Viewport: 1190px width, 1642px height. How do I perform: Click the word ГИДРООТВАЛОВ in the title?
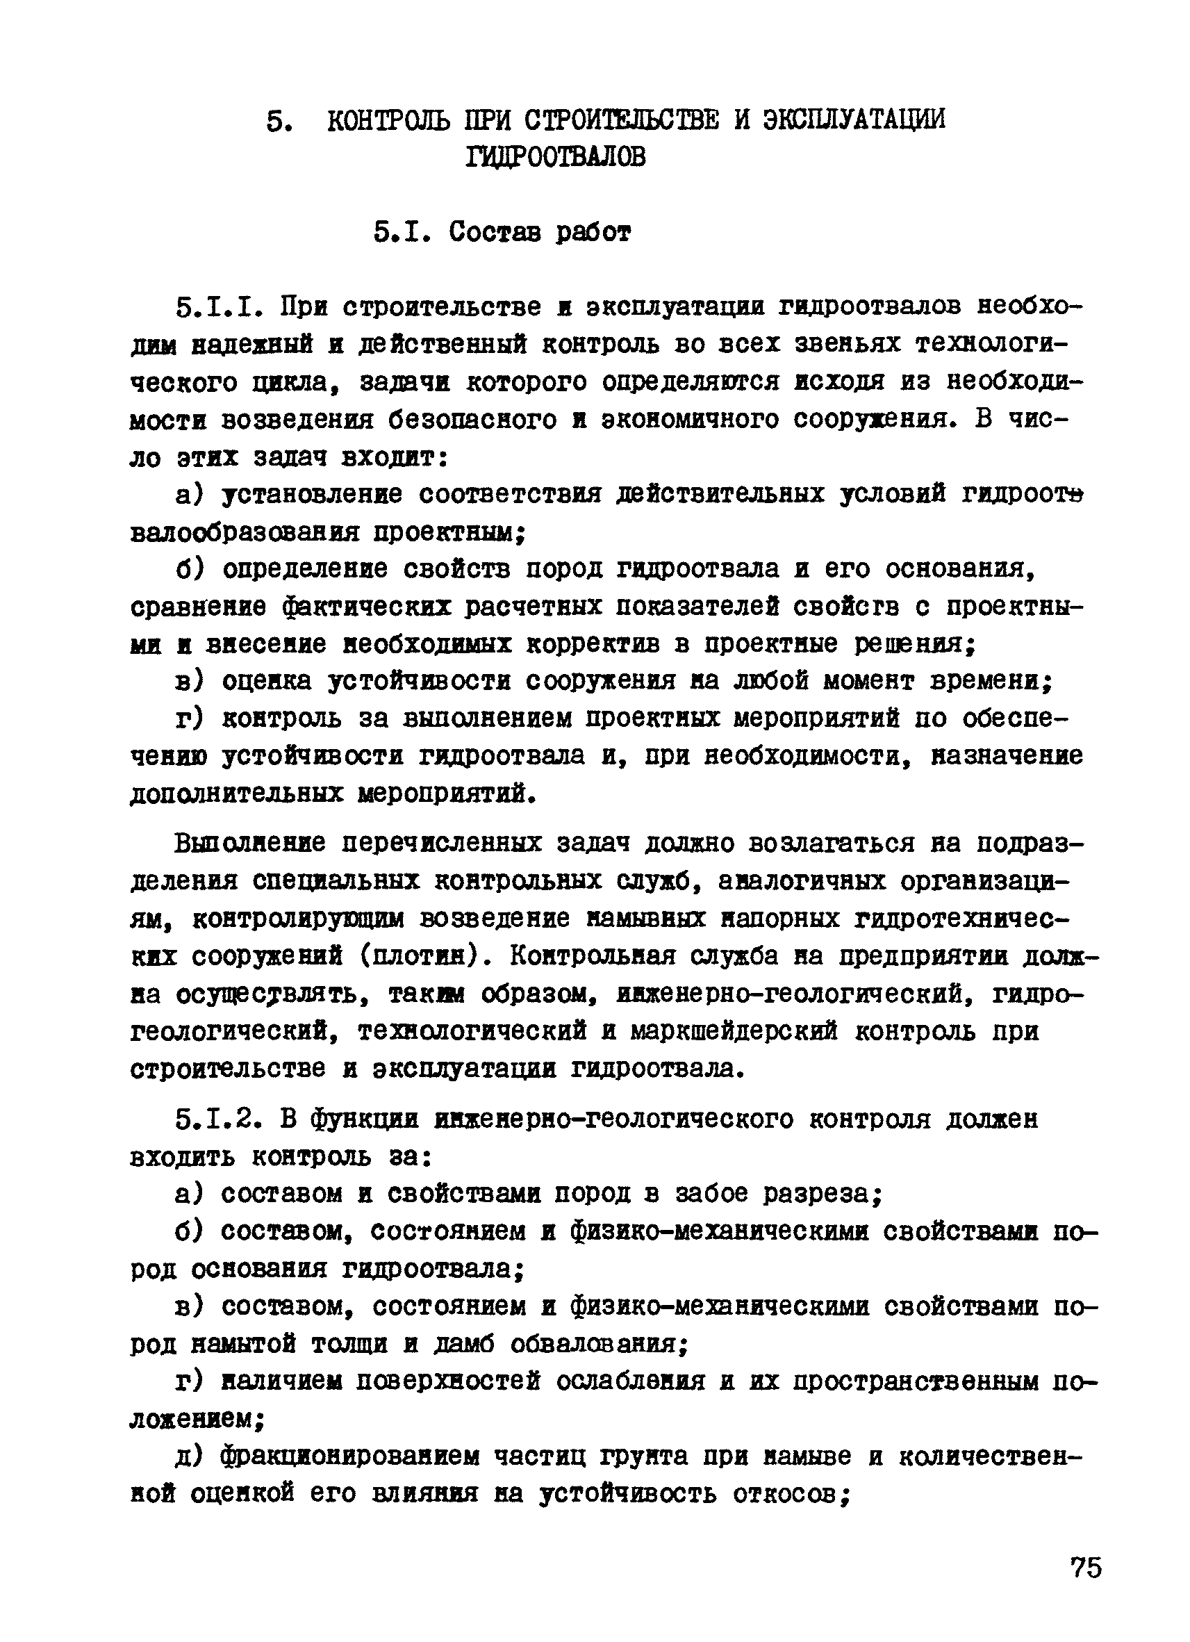pyautogui.click(x=555, y=156)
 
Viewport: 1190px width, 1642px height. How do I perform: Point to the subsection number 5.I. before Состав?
pyautogui.click(x=402, y=233)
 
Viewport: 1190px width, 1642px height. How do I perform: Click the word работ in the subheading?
pyautogui.click(x=593, y=233)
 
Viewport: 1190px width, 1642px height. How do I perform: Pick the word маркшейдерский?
pyautogui.click(x=734, y=1031)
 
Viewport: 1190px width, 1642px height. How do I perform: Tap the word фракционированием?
pyautogui.click(x=350, y=1456)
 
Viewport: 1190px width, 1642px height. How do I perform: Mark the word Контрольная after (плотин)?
pyautogui.click(x=592, y=956)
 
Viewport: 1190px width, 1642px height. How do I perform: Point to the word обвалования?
pyautogui.click(x=598, y=1345)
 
